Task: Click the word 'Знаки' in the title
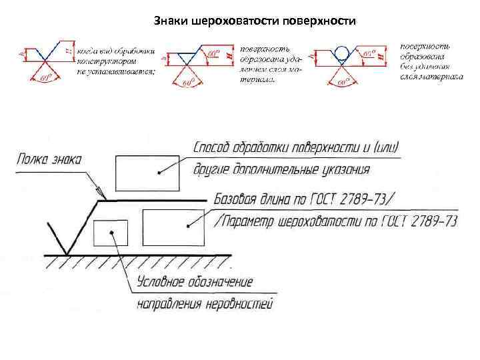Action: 170,21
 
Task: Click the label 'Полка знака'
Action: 49,160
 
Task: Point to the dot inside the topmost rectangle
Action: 159,173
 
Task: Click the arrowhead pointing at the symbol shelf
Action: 101,195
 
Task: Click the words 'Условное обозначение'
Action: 195,282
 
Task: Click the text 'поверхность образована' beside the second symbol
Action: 263,53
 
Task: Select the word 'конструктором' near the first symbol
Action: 106,61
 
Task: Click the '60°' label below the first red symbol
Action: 45,79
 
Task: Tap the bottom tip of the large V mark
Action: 67,253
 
